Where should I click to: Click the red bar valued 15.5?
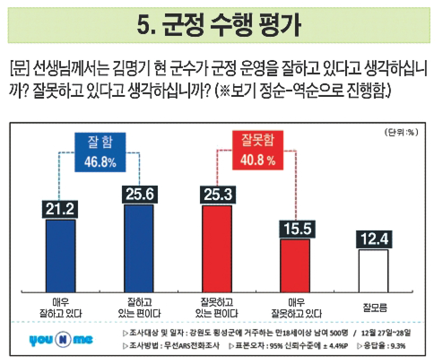295,265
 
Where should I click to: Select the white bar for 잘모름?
373,270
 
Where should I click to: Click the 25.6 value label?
138,195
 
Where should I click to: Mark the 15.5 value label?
295,229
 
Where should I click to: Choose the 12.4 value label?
373,239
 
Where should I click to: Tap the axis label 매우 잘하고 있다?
61,306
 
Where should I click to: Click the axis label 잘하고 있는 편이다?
138,306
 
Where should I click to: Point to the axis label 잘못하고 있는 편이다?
217,306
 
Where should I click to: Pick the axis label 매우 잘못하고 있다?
295,306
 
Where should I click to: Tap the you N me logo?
61,340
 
